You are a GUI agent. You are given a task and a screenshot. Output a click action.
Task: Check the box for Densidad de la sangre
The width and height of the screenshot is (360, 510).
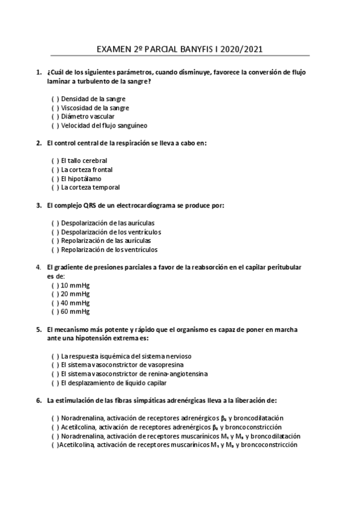point(55,99)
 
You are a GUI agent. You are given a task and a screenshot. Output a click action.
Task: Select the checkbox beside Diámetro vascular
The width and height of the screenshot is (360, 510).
point(55,117)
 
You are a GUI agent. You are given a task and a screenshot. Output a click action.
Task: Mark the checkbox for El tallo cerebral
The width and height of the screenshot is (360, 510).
point(55,161)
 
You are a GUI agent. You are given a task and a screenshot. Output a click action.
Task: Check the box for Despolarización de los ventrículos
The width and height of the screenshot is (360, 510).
point(55,232)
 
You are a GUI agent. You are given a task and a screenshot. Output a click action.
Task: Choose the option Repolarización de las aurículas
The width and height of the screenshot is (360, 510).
point(102,241)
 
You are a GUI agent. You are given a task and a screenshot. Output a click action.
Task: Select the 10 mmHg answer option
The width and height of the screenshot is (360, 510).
point(75,285)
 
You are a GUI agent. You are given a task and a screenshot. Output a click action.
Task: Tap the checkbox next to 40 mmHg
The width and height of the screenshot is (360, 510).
point(55,303)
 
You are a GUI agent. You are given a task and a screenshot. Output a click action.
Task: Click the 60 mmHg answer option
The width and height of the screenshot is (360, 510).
point(75,312)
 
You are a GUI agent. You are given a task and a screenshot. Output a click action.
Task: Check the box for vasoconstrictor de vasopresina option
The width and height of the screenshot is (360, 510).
point(55,364)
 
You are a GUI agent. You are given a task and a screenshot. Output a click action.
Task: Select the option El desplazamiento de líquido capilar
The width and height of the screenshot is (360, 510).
point(114,382)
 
